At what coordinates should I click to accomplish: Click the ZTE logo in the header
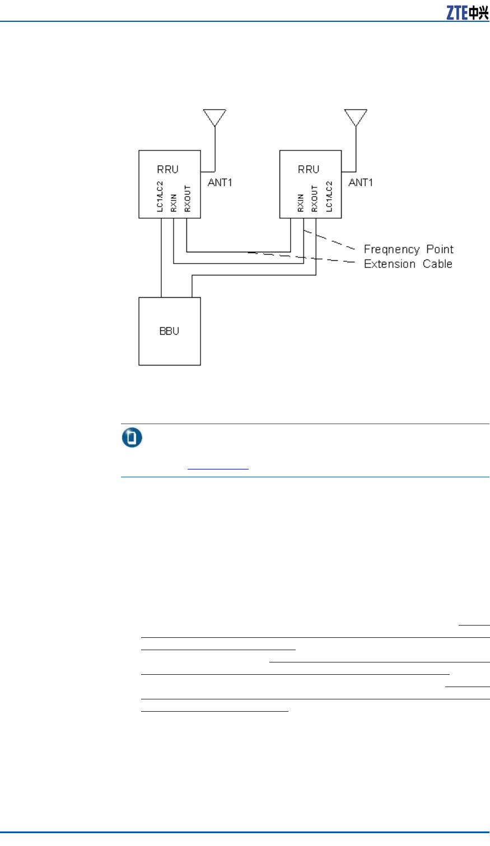(467, 12)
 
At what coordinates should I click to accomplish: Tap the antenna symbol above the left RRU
(214, 117)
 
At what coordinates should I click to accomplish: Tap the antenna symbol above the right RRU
(356, 117)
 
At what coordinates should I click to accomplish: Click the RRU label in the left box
(167, 170)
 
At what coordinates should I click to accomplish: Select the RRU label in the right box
(309, 170)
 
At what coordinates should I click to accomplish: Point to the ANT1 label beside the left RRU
(220, 182)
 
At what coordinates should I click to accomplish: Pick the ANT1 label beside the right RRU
(361, 182)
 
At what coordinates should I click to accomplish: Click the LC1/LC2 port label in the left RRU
(160, 196)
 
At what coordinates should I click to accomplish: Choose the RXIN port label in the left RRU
(174, 203)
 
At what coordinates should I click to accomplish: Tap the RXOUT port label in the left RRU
(188, 199)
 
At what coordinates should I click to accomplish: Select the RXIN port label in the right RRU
(301, 203)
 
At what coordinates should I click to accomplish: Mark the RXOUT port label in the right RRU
(315, 199)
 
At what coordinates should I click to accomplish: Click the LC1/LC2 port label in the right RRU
(329, 196)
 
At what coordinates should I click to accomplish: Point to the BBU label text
(169, 331)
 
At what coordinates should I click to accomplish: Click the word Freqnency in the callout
(392, 250)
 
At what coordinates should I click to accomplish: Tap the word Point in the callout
(440, 250)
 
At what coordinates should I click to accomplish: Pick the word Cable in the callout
(437, 264)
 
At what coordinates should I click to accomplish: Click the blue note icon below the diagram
(132, 438)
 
